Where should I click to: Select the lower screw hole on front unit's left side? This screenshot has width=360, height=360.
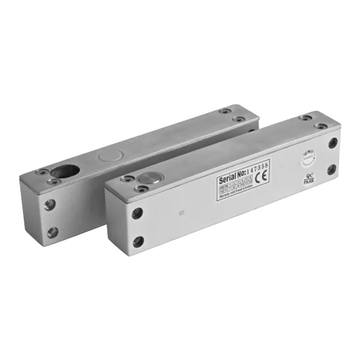[138, 241]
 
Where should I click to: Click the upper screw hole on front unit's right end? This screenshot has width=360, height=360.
[333, 143]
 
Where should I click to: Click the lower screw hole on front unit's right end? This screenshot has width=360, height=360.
[332, 171]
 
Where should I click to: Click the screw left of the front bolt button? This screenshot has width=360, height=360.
[127, 178]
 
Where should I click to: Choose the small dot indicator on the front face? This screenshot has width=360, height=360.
[182, 212]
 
